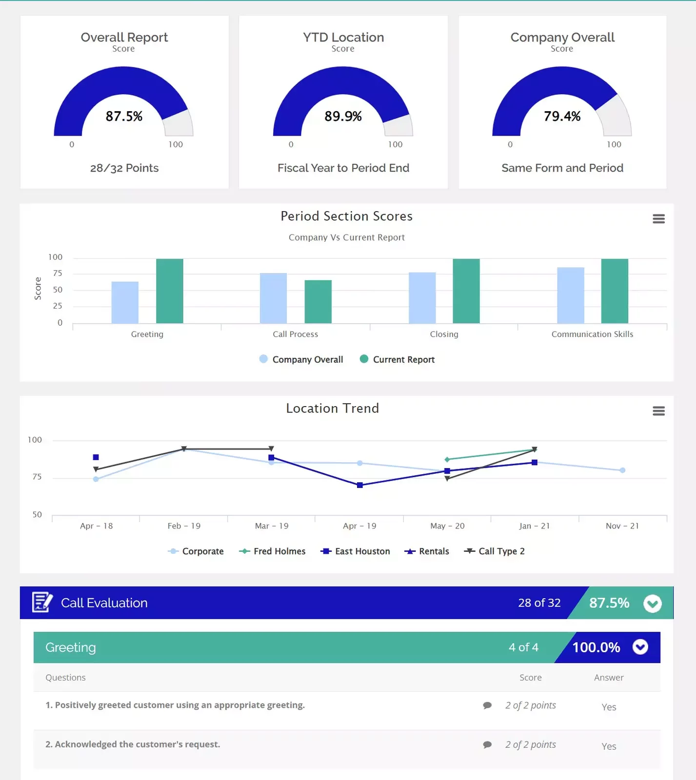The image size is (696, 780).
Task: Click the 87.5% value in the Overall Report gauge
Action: click(124, 116)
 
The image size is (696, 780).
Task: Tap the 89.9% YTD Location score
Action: click(343, 116)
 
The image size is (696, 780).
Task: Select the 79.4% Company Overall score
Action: click(562, 116)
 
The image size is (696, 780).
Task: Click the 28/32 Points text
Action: click(124, 168)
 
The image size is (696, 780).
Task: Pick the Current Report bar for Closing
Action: click(466, 291)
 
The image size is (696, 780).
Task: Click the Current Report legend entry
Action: click(397, 359)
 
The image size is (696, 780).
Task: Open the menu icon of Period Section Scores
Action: click(658, 219)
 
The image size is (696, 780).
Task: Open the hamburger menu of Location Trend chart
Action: click(658, 411)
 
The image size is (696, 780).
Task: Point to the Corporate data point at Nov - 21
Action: click(622, 470)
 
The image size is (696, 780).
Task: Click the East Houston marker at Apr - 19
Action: click(359, 485)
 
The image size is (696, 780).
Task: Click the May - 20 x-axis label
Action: click(447, 526)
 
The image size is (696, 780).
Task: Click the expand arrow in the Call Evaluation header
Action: click(652, 604)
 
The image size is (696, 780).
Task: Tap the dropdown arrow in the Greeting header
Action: click(640, 647)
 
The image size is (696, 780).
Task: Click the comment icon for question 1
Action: click(487, 705)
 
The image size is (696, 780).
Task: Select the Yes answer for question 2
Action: click(609, 746)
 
